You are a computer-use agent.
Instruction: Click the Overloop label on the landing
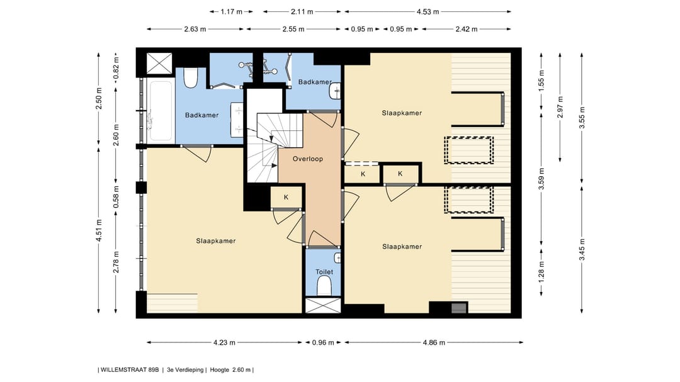tap(307, 159)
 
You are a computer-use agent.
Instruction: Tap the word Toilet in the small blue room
tap(324, 272)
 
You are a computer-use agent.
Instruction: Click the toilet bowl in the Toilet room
tap(324, 287)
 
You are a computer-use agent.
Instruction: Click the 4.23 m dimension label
tap(224, 343)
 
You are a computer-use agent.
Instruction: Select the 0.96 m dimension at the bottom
tap(324, 343)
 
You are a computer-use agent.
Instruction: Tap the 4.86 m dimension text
tap(433, 343)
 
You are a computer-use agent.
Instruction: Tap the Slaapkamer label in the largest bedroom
tap(215, 241)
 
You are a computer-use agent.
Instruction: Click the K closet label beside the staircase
tap(286, 197)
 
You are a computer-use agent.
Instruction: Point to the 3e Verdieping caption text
tap(185, 370)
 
